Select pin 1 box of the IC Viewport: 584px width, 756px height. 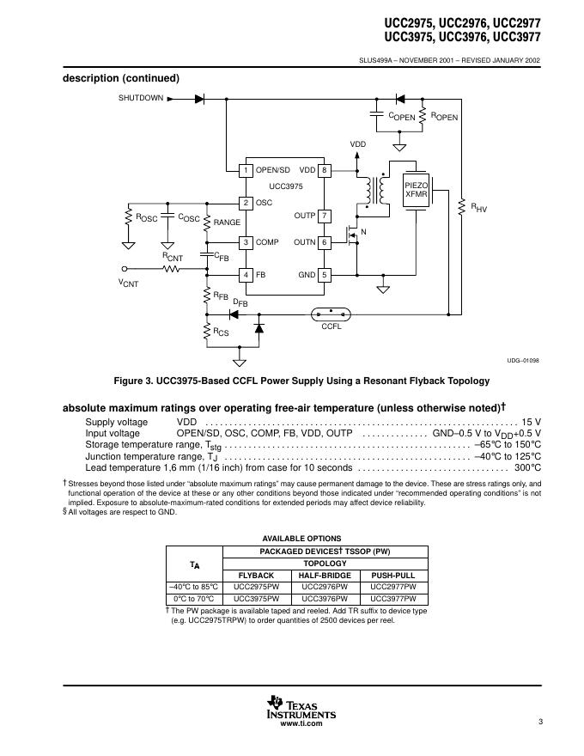coord(245,169)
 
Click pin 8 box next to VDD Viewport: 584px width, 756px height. coord(325,169)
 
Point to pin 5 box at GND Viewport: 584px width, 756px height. coord(325,275)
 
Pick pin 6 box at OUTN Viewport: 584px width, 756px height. coord(325,242)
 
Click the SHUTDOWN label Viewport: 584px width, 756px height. coord(140,98)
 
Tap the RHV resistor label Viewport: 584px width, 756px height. coord(478,208)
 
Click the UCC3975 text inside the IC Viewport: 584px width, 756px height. coord(285,186)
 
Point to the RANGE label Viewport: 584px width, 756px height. coord(227,223)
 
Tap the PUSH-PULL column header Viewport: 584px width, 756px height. coord(393,575)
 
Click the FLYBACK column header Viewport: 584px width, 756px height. coord(256,575)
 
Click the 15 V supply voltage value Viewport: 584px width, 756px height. coord(531,422)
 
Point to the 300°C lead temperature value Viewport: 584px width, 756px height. coord(527,468)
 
